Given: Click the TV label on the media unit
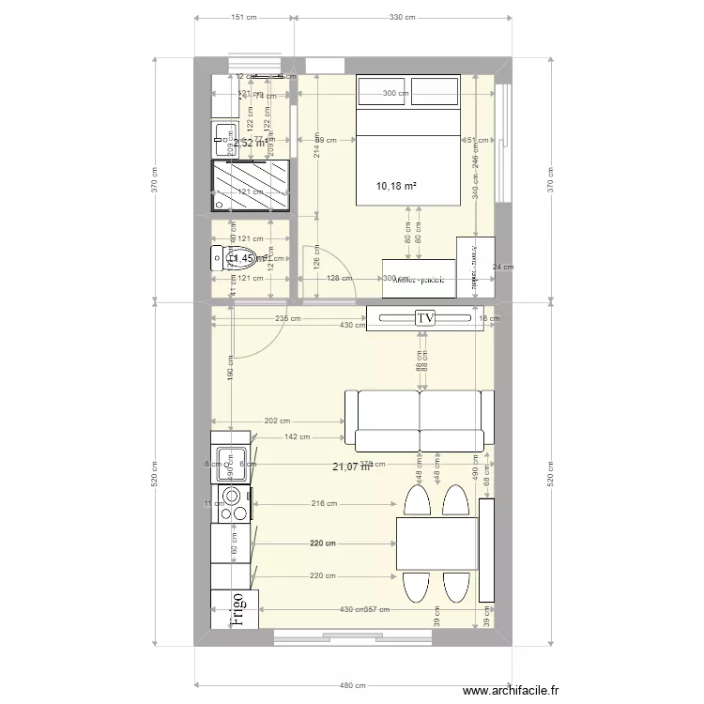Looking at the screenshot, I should (x=426, y=318).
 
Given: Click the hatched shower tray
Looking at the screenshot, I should (x=250, y=185).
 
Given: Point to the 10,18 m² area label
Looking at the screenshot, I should (x=395, y=186).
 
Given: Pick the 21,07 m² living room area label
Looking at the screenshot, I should (x=351, y=467).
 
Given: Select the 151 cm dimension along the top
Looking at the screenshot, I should (x=244, y=17).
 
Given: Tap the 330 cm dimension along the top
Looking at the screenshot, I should (x=402, y=17).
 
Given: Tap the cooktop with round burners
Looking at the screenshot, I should (x=232, y=504).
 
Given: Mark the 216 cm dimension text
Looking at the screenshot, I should (x=324, y=504).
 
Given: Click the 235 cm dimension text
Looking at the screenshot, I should (x=288, y=318).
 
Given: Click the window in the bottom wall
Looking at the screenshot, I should (x=353, y=638).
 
